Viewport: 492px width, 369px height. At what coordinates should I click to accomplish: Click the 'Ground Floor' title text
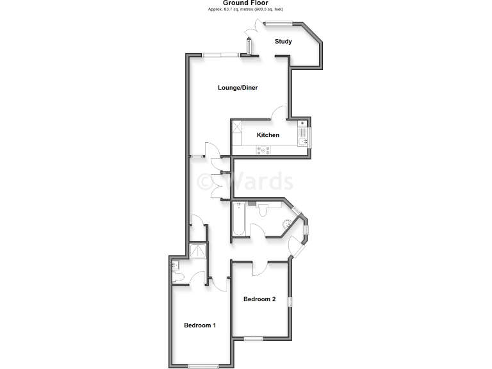click(x=245, y=3)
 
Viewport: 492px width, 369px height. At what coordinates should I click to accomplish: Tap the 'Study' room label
click(x=283, y=42)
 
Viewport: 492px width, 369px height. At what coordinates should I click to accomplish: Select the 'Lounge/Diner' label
click(x=237, y=88)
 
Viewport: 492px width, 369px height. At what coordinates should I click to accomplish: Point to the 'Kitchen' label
click(x=268, y=135)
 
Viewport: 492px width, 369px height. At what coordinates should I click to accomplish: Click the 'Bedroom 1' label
click(x=200, y=325)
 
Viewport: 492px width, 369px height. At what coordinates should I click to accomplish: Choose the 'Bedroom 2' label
click(x=259, y=299)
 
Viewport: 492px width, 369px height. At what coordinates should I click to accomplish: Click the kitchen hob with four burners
click(x=263, y=151)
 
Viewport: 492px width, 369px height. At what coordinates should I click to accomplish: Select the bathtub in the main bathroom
click(x=239, y=220)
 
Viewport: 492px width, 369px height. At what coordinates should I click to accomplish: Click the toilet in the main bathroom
click(x=263, y=208)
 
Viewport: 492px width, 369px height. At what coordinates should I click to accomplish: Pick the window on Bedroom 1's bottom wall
click(x=203, y=366)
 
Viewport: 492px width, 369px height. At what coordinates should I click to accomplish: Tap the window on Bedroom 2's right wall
click(x=291, y=301)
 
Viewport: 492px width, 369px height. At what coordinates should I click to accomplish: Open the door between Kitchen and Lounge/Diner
click(x=279, y=113)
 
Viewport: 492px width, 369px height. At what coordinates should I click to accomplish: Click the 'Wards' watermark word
click(x=259, y=182)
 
